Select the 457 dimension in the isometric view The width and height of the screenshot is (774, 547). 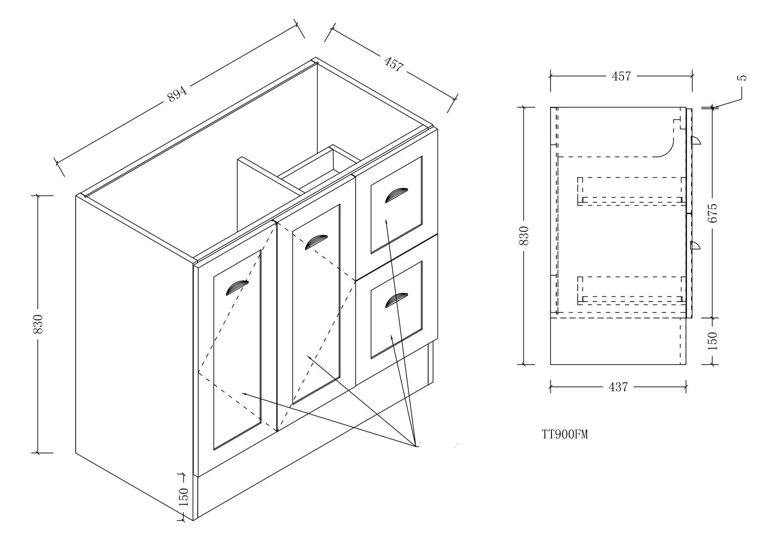coord(393,64)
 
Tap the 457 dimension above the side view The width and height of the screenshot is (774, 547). coord(621,76)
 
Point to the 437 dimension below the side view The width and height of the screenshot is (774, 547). coord(618,387)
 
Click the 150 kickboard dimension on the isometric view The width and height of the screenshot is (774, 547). coord(183,497)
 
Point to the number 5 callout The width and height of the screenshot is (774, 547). coord(744,77)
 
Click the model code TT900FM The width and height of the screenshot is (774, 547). coord(565,434)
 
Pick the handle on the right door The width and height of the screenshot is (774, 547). coord(316,241)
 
